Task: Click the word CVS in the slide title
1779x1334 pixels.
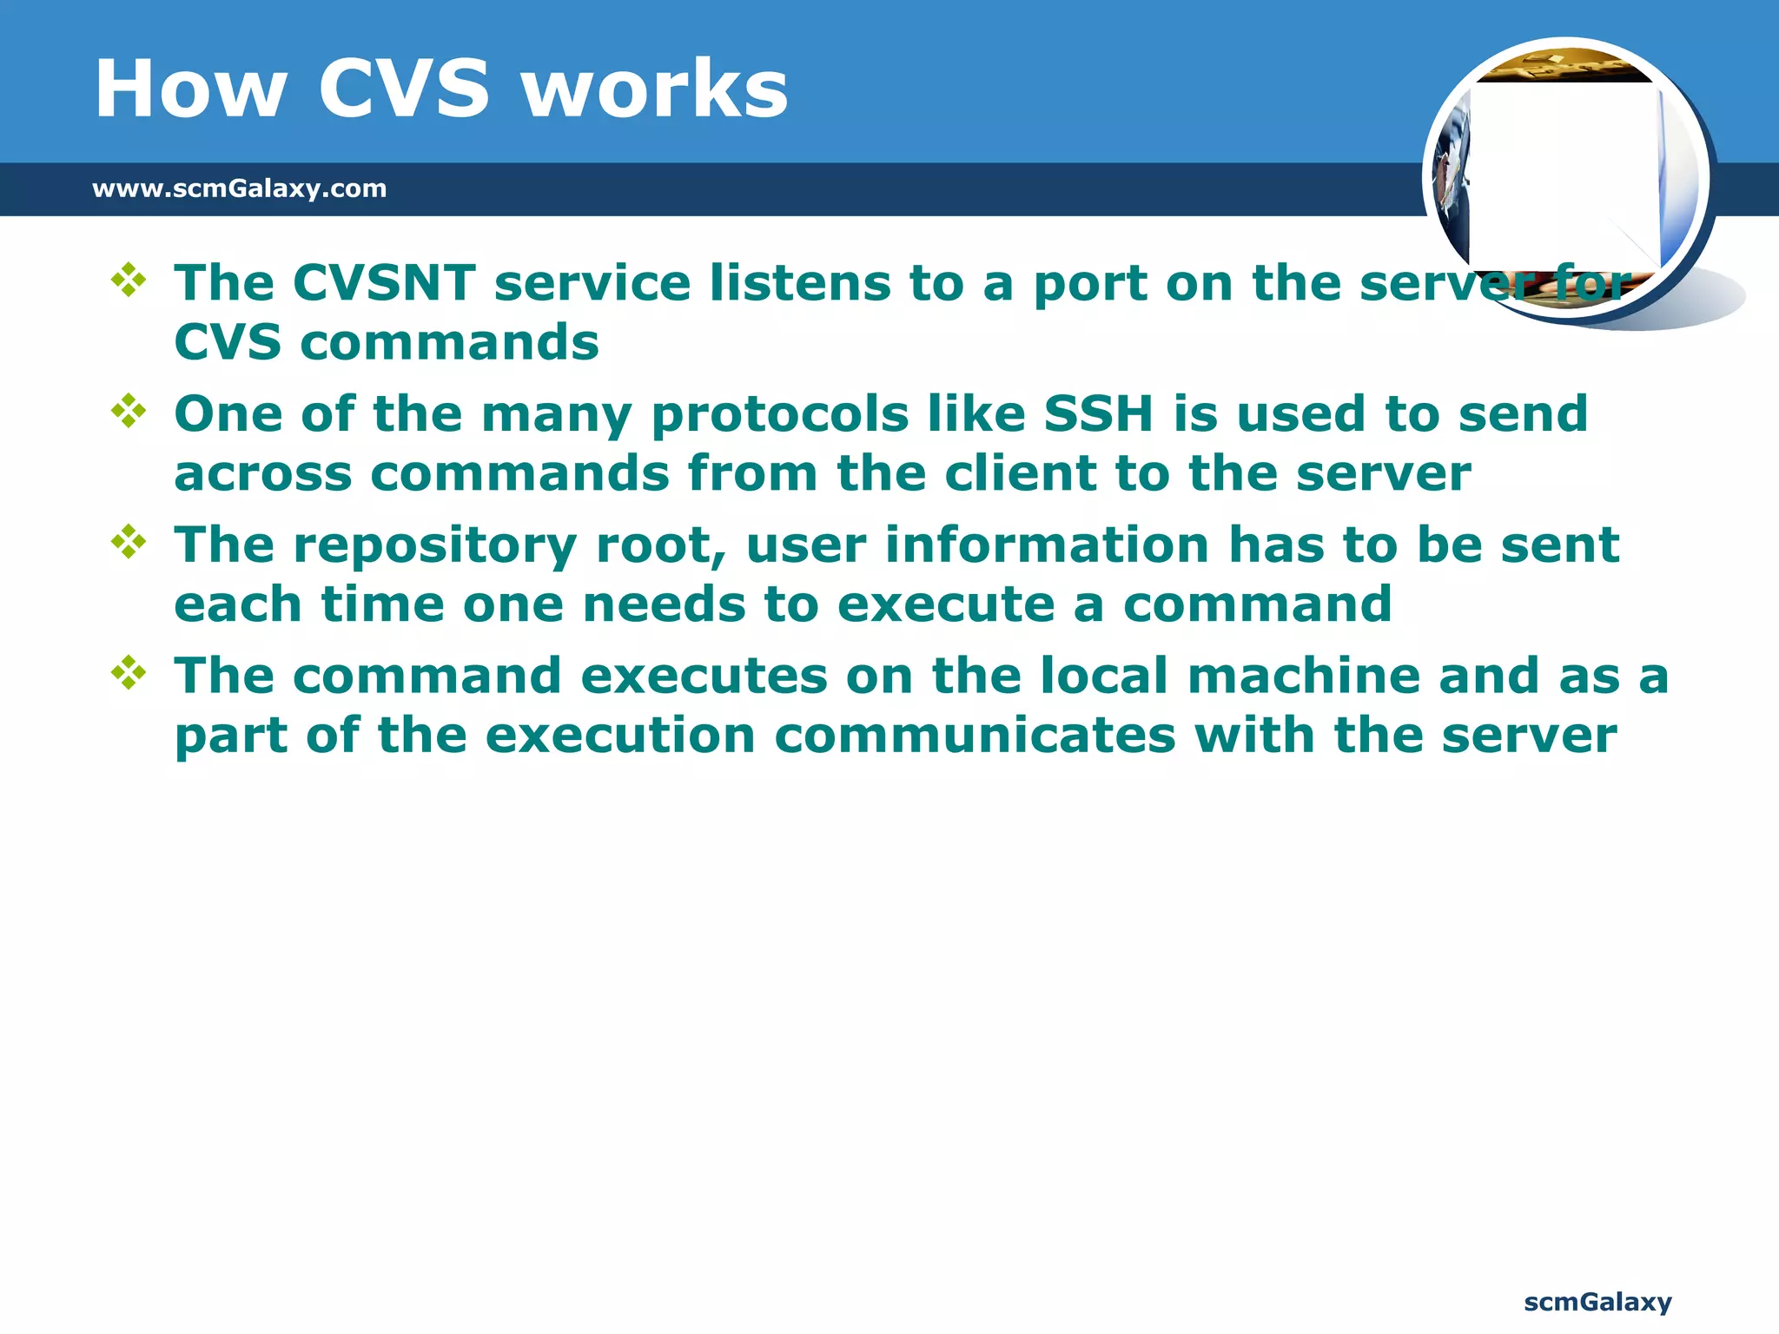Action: point(404,89)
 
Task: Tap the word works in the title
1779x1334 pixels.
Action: point(656,89)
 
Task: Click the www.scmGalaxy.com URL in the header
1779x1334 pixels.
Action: point(239,188)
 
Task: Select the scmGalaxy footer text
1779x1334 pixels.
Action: point(1597,1302)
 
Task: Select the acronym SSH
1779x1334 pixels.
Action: point(1098,413)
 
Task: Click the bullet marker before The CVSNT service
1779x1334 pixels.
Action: point(129,280)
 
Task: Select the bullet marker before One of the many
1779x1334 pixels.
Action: point(129,411)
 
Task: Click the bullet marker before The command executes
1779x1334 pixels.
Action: point(129,673)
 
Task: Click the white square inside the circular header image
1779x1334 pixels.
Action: point(1564,174)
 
